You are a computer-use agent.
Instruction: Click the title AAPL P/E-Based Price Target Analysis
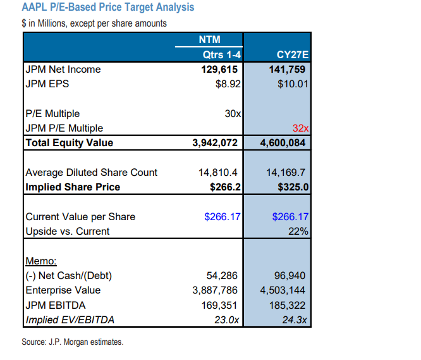[108, 8]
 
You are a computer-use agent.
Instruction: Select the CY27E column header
[293, 54]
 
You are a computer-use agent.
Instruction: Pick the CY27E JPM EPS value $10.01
[293, 83]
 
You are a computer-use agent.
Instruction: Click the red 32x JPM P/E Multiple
[300, 128]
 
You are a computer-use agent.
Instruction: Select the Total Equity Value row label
[69, 143]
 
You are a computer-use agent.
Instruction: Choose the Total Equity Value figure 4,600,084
[284, 143]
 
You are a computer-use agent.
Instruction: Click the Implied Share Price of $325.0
[293, 187]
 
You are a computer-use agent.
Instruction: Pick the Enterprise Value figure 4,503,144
[284, 290]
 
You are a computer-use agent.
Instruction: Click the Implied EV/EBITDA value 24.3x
[295, 320]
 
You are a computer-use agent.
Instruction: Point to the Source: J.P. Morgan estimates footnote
[72, 342]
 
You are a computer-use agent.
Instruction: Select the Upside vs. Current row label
[67, 231]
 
